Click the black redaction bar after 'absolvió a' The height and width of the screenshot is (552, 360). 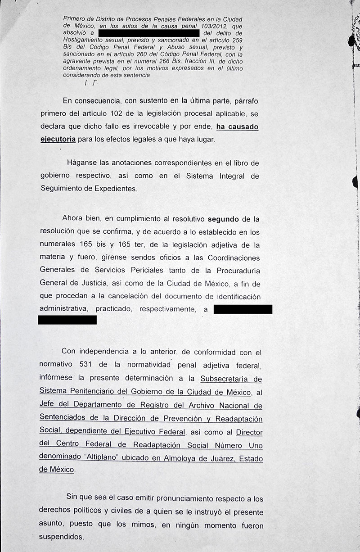(148, 33)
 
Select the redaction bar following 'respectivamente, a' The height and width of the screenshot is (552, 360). (243, 309)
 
